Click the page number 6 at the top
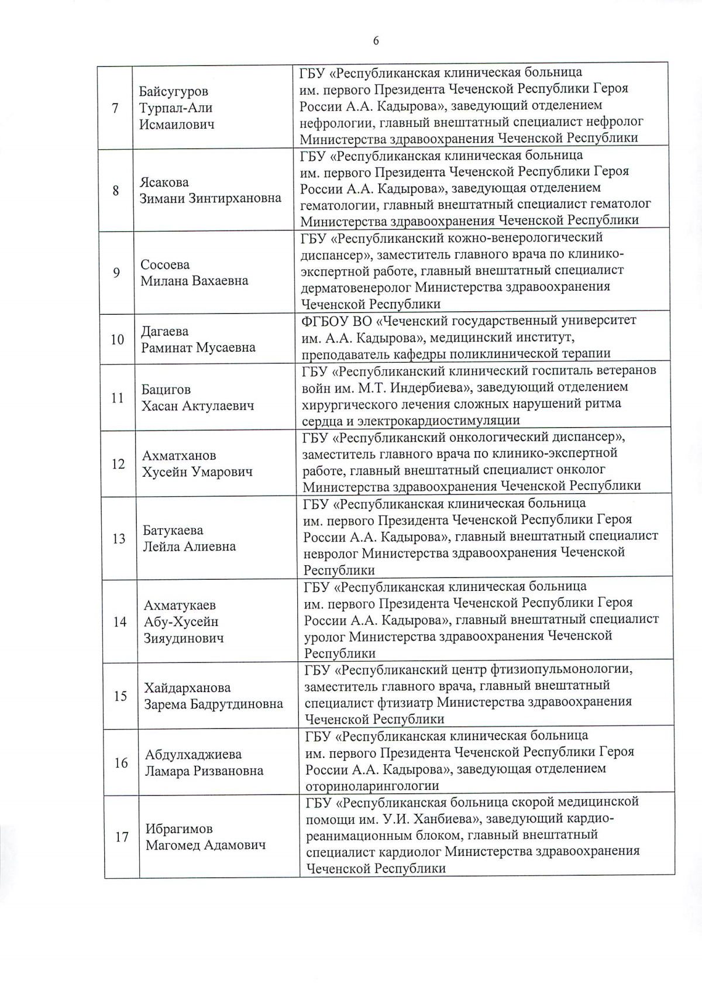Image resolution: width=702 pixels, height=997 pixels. pos(376,40)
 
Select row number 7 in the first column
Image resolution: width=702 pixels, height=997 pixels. pos(115,108)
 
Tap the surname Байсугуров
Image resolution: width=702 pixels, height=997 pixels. pos(174,92)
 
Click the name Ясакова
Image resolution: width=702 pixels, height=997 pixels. pos(164,182)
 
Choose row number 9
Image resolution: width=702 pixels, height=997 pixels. pos(116,273)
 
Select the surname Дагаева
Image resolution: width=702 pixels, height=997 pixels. pos(165,331)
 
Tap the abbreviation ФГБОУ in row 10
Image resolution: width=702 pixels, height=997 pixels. pos(324,321)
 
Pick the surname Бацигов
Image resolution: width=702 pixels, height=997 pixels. pos(166,390)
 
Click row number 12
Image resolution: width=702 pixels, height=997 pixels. pos(118,464)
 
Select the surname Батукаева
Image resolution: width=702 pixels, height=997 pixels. pos(173,531)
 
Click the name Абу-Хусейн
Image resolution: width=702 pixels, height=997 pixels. pos(181,622)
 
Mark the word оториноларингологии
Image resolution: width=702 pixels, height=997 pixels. pos(372,786)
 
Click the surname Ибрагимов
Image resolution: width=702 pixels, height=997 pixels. pos(179,829)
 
